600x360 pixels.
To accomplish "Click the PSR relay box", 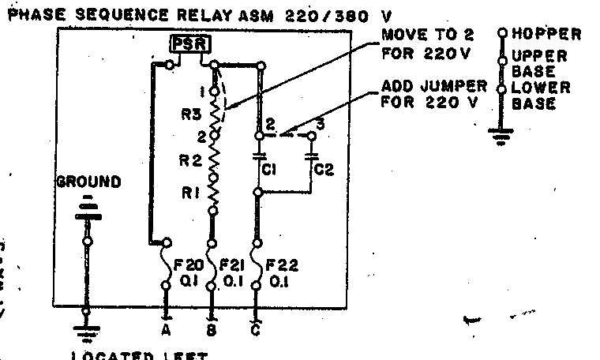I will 189,45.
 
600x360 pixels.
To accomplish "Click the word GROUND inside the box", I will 88,182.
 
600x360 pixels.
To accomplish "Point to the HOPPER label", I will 546,34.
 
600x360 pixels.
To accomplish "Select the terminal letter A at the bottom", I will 167,330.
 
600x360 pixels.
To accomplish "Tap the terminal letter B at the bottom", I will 212,331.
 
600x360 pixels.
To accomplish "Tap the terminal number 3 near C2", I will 320,123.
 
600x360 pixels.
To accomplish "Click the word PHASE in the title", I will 34,14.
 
